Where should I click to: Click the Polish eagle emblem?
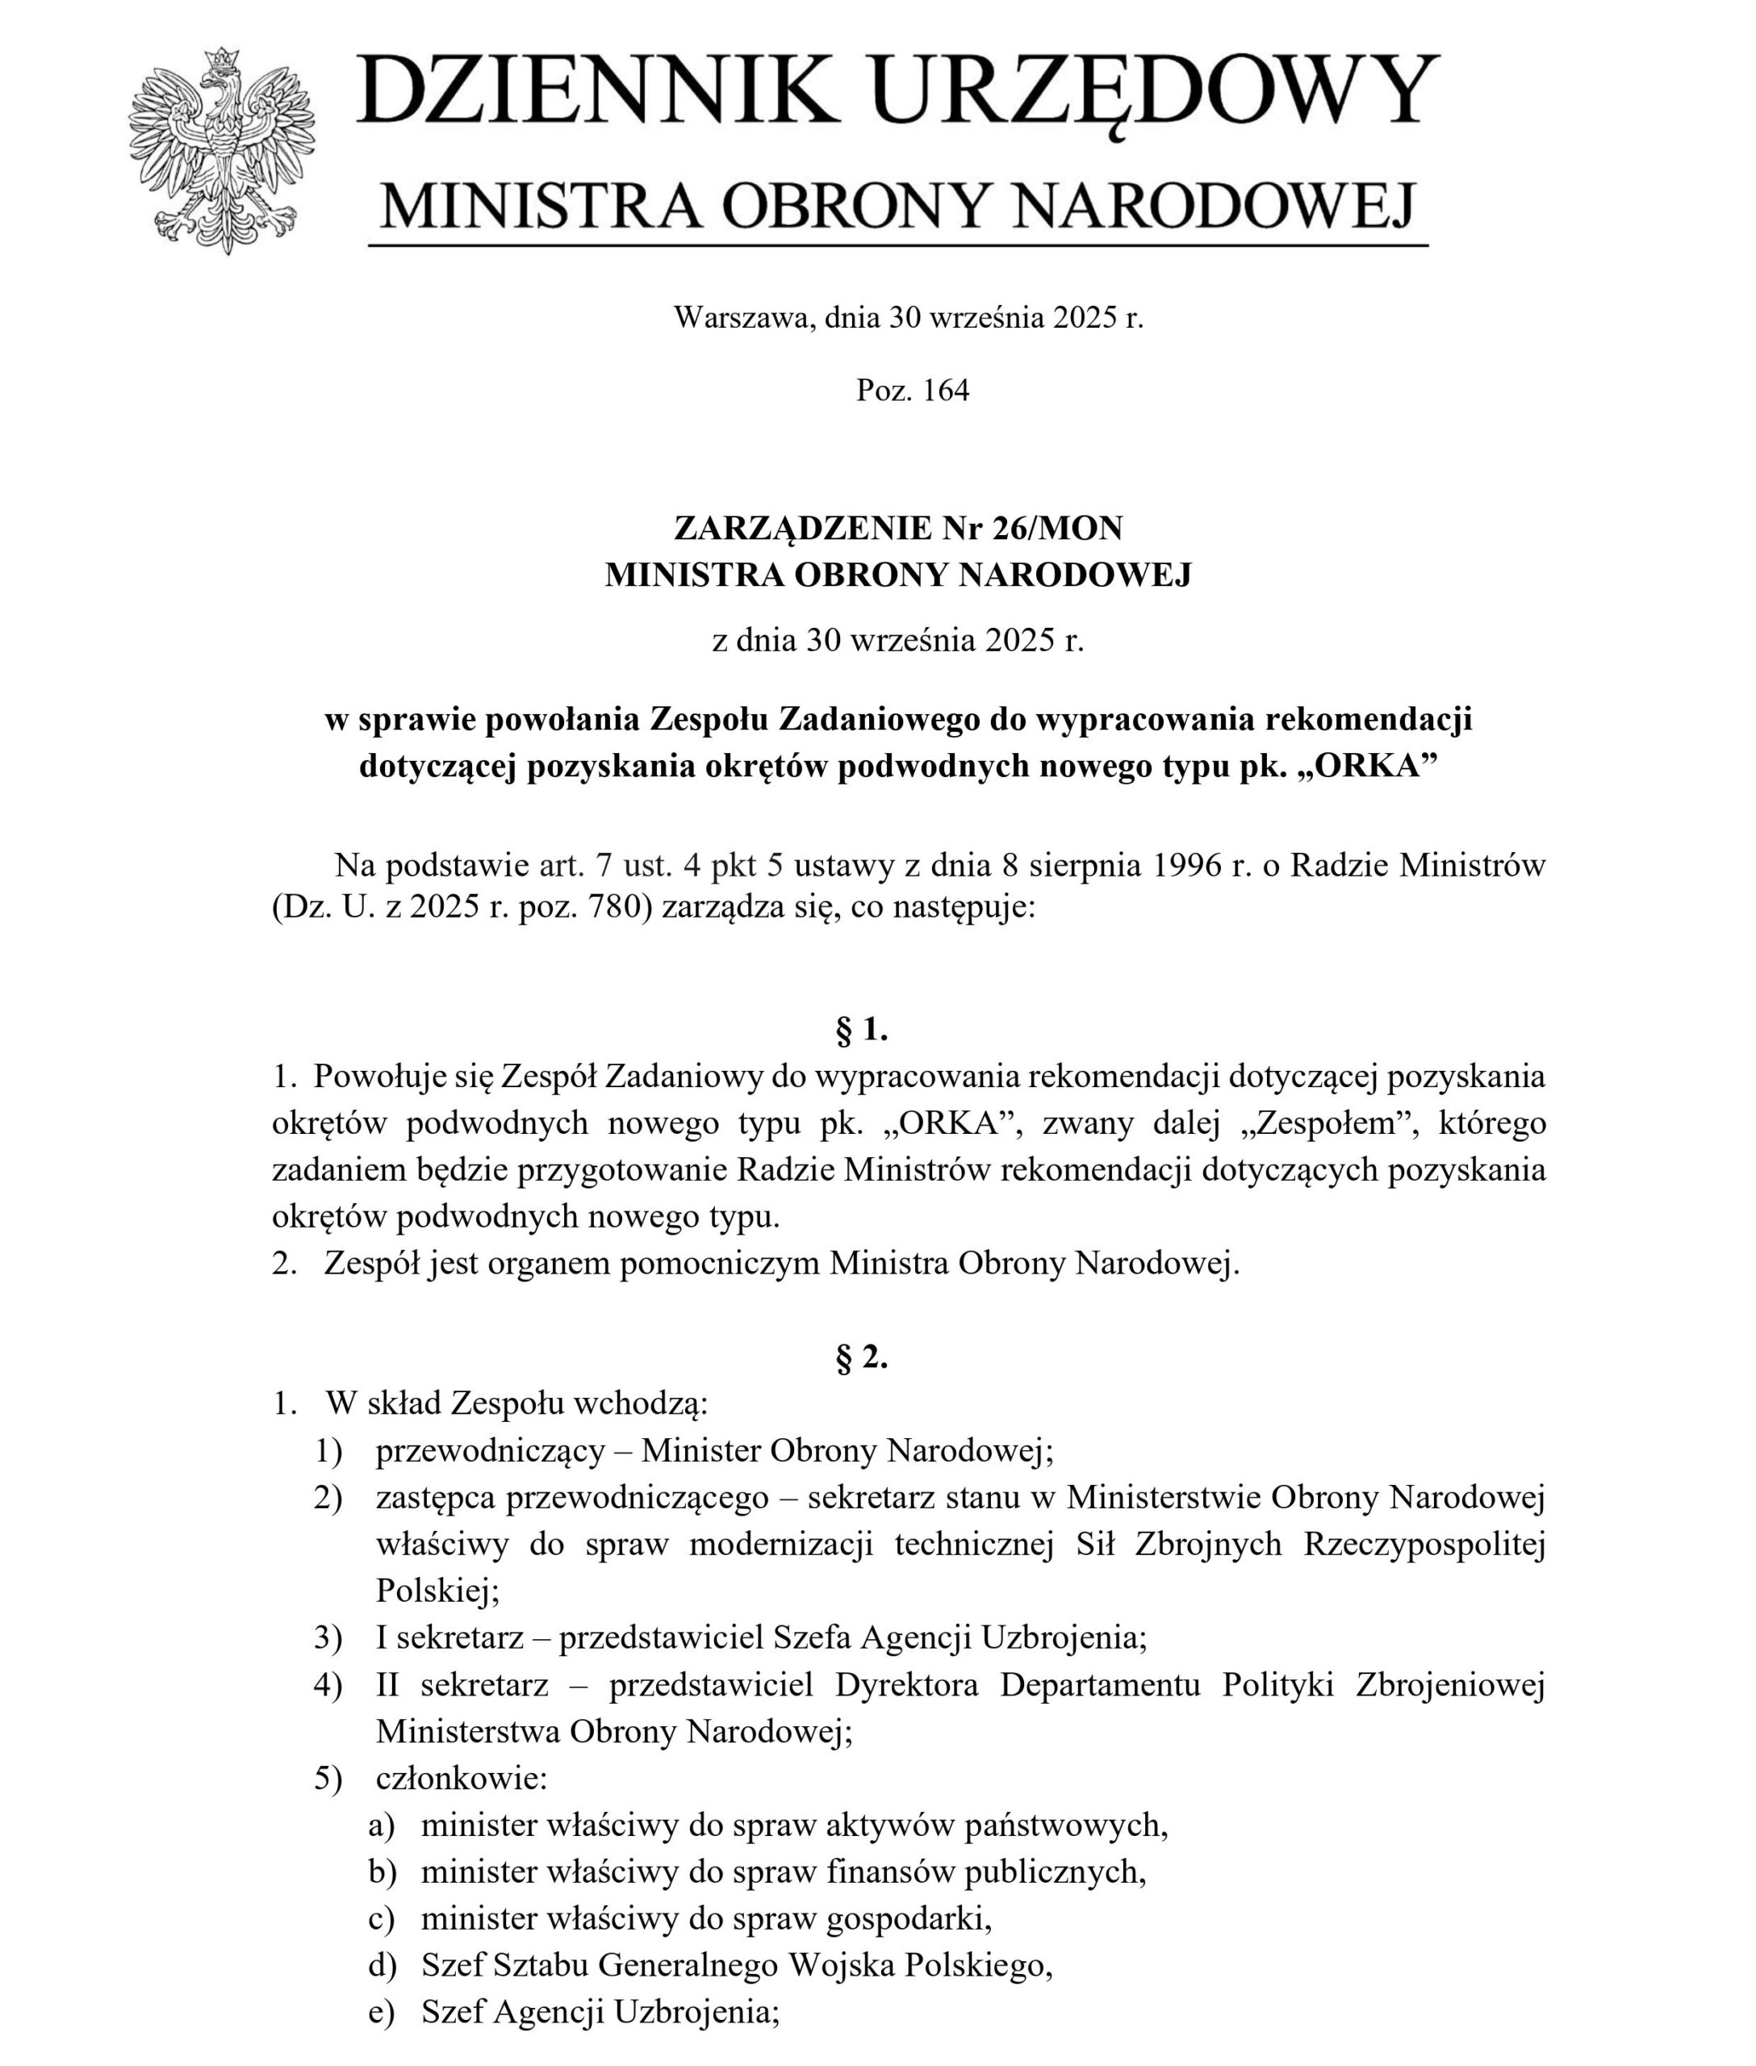coord(221,149)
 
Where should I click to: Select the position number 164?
coord(945,391)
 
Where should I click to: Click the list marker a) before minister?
coord(381,1825)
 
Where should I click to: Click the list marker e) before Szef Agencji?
coord(381,2012)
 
